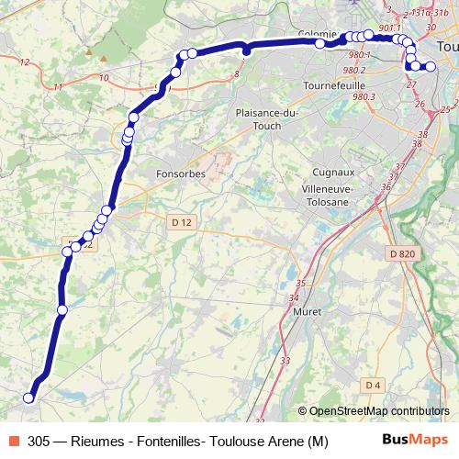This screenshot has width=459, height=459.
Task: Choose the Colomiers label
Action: (x=319, y=35)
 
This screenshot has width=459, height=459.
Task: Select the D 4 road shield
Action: (x=372, y=384)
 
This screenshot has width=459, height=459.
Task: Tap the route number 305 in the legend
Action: (x=39, y=441)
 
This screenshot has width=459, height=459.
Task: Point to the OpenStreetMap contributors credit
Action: (x=379, y=412)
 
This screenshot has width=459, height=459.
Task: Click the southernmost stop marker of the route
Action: (x=28, y=397)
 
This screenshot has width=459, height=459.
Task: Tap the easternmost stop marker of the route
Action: (x=431, y=66)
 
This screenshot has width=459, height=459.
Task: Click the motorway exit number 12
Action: (x=24, y=62)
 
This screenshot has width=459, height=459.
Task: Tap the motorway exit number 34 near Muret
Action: (x=294, y=297)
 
